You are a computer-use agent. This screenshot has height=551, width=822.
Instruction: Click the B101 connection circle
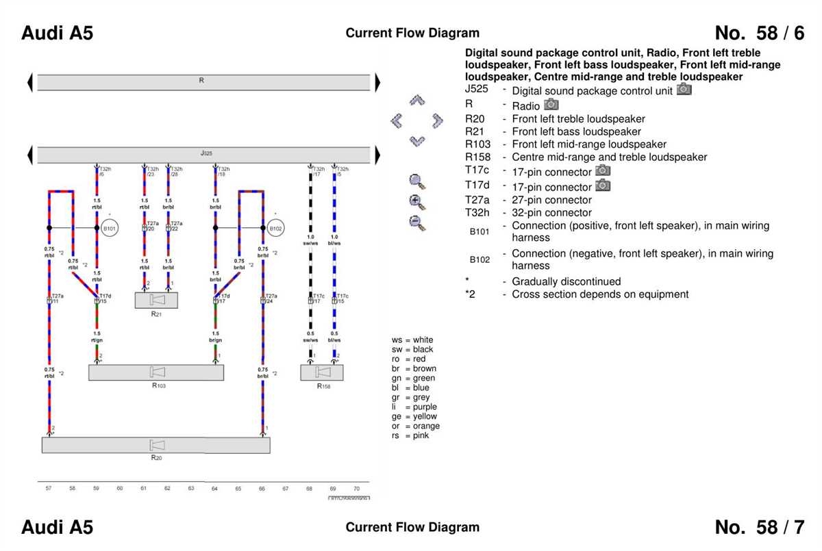(x=110, y=228)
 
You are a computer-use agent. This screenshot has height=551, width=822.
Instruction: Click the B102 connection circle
(x=275, y=228)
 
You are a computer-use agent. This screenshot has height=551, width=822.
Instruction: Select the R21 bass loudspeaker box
(x=156, y=300)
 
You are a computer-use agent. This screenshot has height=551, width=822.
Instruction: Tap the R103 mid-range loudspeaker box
(x=156, y=372)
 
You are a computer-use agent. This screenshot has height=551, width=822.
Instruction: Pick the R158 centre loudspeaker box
(x=322, y=372)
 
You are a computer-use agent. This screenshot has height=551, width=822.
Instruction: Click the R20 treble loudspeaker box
(x=156, y=445)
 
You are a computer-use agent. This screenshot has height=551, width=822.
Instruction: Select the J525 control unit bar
(x=206, y=155)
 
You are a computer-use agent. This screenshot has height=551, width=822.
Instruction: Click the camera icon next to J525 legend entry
(x=684, y=90)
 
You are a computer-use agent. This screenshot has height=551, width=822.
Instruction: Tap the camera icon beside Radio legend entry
(x=551, y=105)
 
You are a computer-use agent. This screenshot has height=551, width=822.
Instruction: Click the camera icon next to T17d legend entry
(x=603, y=185)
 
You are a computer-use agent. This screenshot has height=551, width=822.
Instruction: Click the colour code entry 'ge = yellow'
(x=414, y=416)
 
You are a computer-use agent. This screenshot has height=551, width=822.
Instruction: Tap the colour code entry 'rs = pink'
(x=411, y=435)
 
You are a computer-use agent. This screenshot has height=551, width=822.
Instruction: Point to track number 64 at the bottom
(x=214, y=489)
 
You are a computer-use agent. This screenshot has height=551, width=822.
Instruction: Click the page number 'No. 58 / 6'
(x=759, y=33)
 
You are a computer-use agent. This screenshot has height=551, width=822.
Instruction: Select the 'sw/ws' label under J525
(x=310, y=243)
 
